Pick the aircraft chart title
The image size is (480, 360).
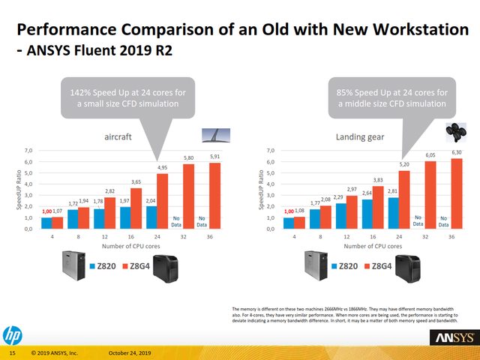click(x=118, y=136)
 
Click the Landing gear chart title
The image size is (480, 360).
click(x=356, y=136)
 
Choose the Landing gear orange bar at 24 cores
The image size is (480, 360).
click(x=404, y=199)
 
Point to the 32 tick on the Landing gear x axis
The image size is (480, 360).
click(x=425, y=236)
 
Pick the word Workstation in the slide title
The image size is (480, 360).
click(x=406, y=30)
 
